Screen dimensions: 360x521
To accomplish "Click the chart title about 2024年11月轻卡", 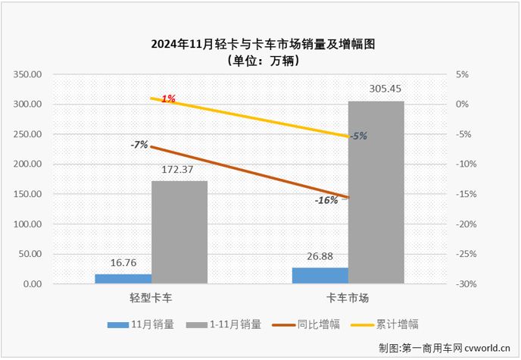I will pyautogui.click(x=260, y=44).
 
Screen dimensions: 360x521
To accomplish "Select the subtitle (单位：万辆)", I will pyautogui.click(x=260, y=61).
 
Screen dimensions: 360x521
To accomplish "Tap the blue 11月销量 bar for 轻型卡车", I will pyautogui.click(x=123, y=279).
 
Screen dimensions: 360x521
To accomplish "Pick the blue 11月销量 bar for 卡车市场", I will pyautogui.click(x=321, y=276).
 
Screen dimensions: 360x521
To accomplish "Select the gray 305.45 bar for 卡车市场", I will pyautogui.click(x=376, y=193).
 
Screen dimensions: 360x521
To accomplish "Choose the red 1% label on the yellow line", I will pyautogui.click(x=167, y=99).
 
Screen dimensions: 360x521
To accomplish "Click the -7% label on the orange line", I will pyautogui.click(x=139, y=144).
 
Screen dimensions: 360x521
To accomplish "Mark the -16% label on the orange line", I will pyautogui.click(x=326, y=200).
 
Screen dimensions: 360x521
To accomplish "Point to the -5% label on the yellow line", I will pyautogui.click(x=358, y=136).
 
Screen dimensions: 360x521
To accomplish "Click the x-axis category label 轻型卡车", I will pyautogui.click(x=151, y=298).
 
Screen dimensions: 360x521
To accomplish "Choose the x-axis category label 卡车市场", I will pyautogui.click(x=348, y=298).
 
